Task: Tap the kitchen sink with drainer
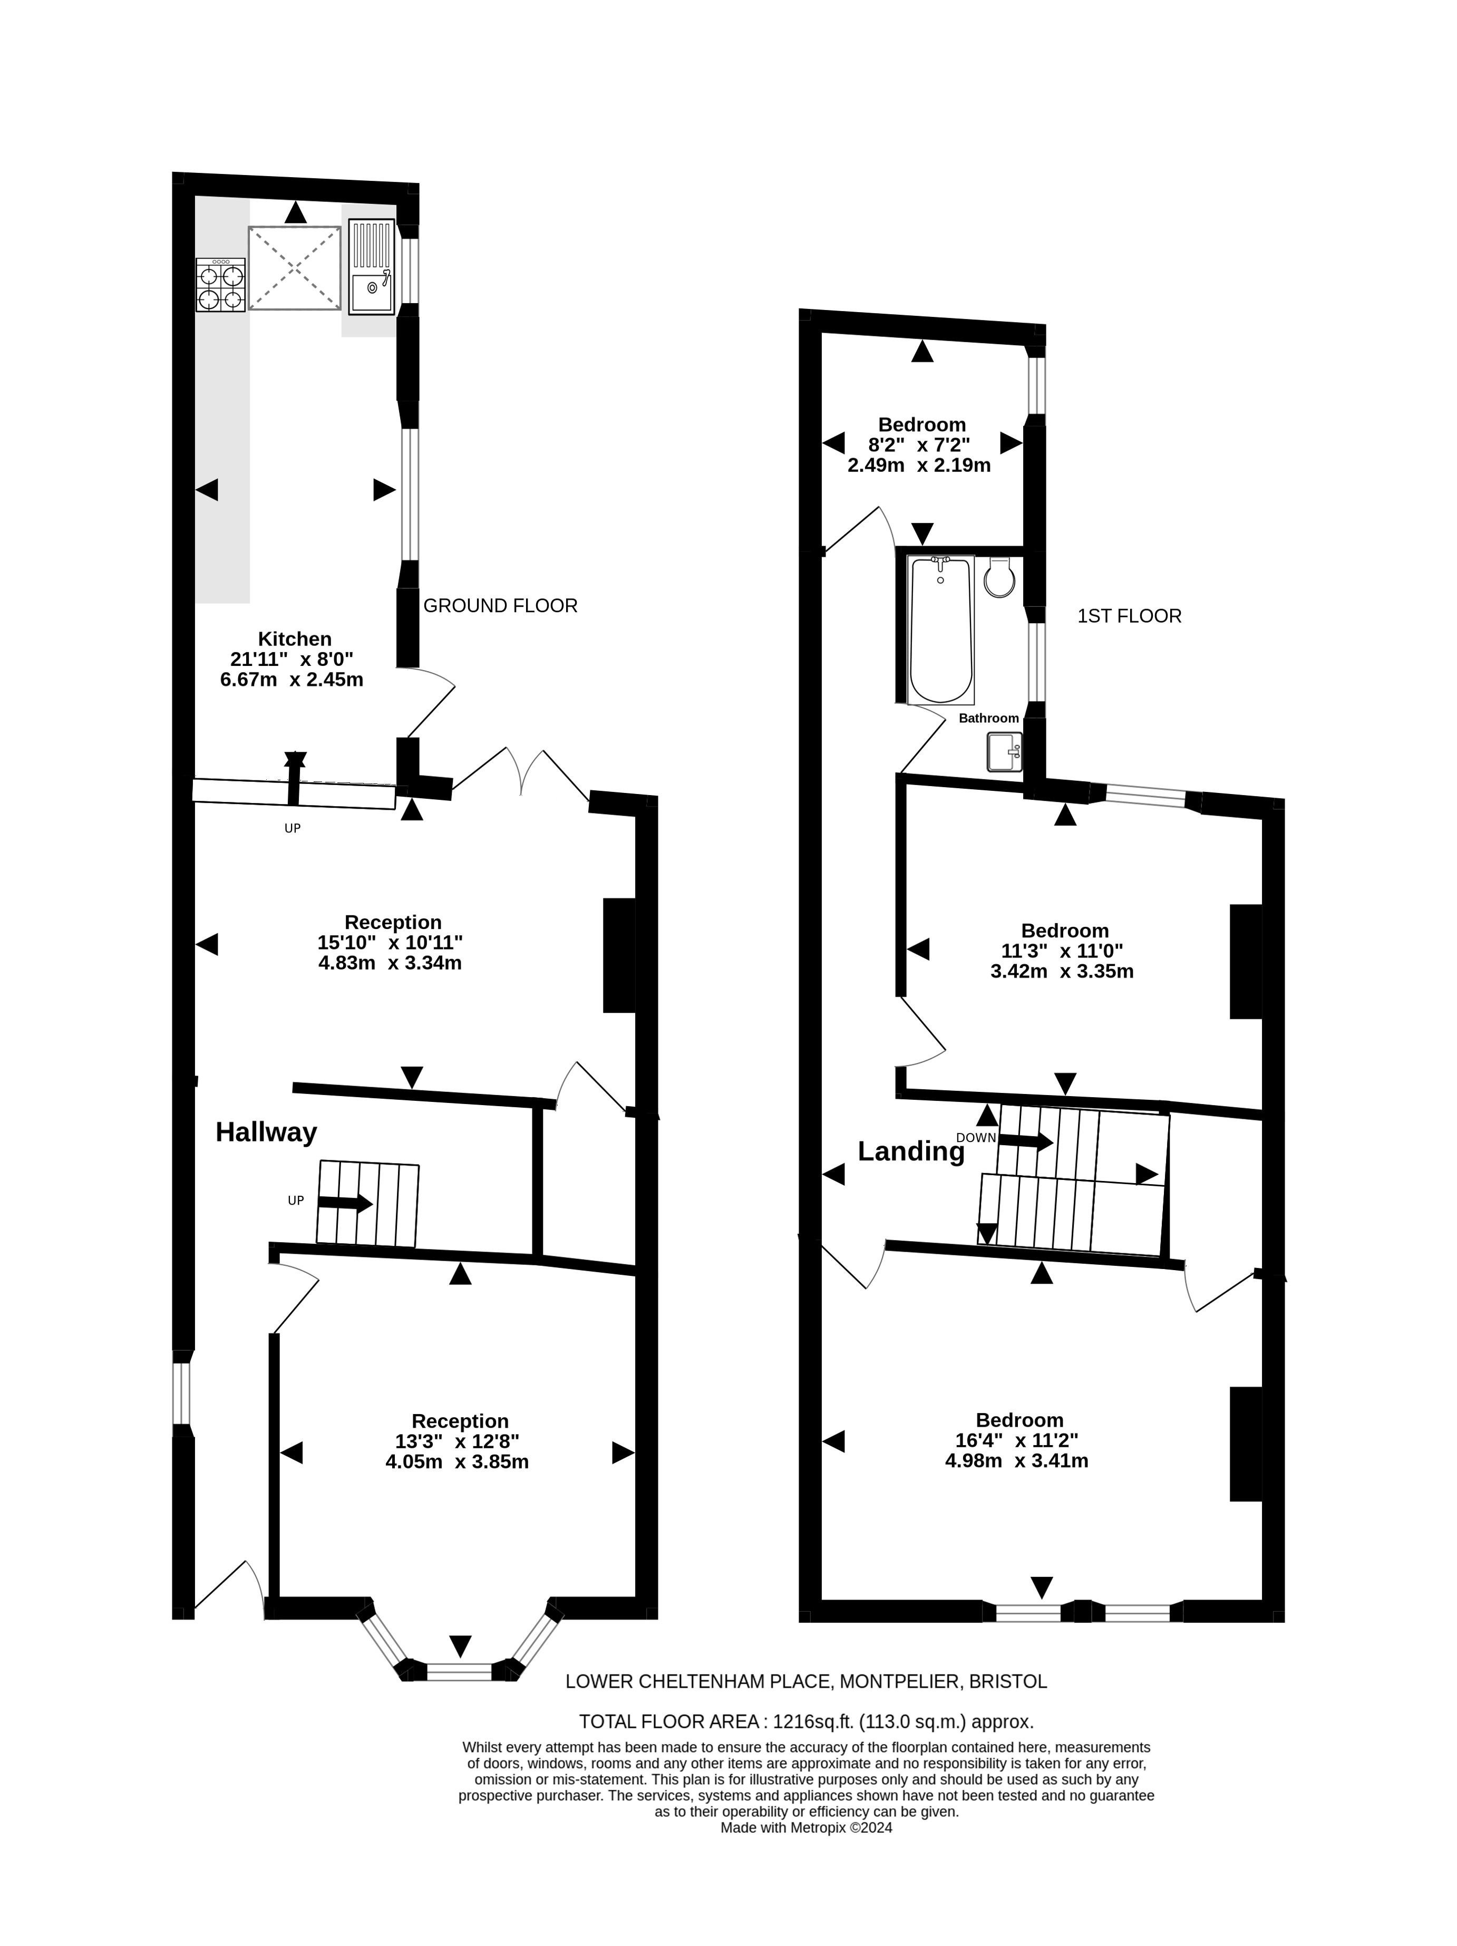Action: click(x=371, y=267)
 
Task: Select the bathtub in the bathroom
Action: click(x=940, y=630)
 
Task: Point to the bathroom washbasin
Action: click(x=1004, y=752)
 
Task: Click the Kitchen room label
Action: click(x=295, y=638)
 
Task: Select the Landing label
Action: click(x=911, y=1151)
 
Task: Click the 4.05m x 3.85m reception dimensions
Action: click(x=456, y=1461)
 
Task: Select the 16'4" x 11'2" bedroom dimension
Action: click(x=1016, y=1440)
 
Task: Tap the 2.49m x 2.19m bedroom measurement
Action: click(x=919, y=466)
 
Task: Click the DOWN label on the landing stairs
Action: click(x=976, y=1138)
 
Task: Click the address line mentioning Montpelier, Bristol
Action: click(x=806, y=1681)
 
